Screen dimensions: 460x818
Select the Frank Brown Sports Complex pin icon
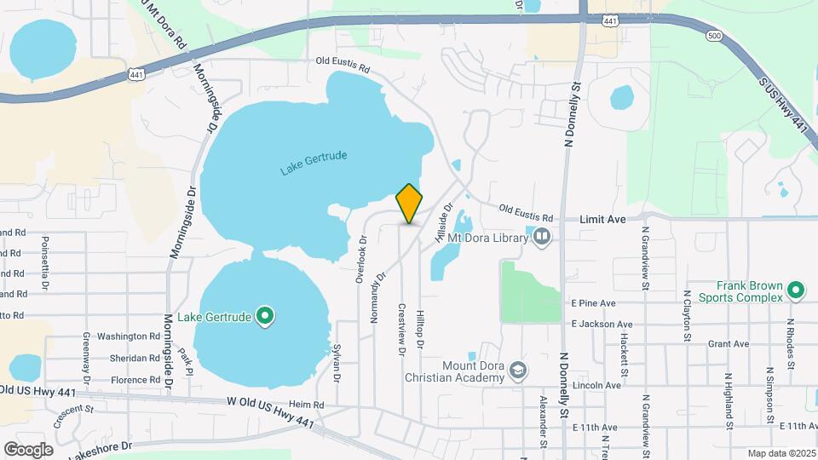coord(796,290)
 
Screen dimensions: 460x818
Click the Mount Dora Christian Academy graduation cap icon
coord(518,370)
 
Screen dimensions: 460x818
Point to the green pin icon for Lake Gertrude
coord(265,318)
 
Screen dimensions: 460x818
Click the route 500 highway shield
coord(713,37)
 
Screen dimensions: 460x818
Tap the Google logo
coord(29,449)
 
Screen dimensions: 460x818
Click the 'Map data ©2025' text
coord(781,452)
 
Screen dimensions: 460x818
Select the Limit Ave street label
coord(602,220)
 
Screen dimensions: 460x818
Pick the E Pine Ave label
coord(594,303)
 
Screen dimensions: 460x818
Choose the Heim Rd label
coord(307,405)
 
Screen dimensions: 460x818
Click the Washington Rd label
coord(128,336)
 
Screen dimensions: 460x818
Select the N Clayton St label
coord(687,315)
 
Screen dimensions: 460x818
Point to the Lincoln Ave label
coord(596,385)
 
